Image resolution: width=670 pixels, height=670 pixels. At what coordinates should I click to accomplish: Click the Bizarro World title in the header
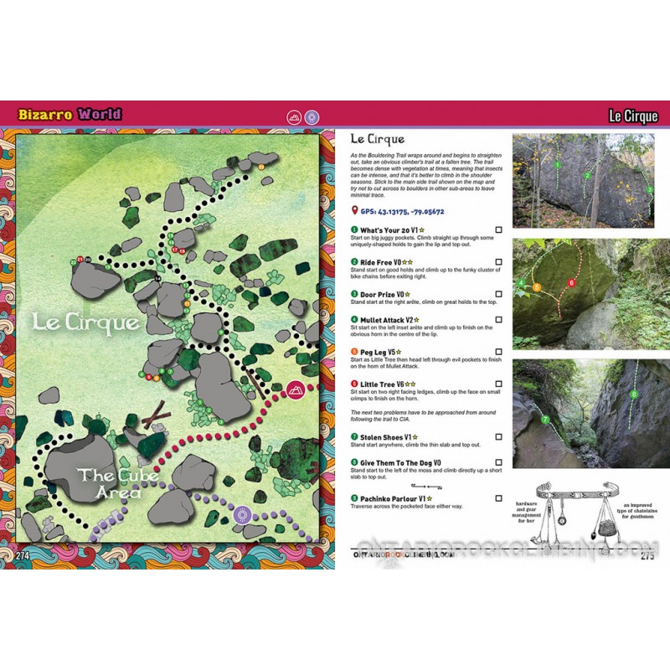point(72,114)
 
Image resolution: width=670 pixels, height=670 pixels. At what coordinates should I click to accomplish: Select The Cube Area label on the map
point(109,483)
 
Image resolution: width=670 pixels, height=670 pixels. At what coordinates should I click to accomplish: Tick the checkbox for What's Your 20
point(498,229)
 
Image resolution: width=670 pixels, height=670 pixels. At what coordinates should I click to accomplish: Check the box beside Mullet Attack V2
point(498,320)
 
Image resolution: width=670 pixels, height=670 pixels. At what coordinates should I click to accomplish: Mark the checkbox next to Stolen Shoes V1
point(498,436)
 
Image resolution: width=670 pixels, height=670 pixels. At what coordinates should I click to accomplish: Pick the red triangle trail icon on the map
point(295,389)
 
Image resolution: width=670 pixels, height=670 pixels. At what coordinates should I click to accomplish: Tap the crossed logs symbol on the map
point(152,416)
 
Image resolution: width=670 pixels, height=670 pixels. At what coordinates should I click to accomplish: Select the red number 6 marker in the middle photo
point(571,283)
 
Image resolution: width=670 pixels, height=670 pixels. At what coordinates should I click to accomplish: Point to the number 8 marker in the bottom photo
point(634,393)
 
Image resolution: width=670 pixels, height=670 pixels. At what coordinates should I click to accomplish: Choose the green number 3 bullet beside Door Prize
point(355,294)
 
